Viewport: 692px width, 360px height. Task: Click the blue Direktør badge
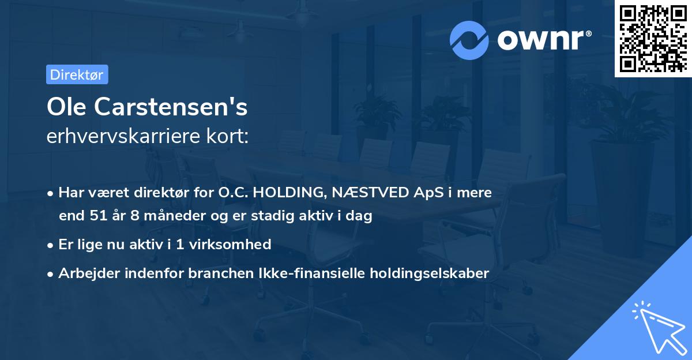tap(77, 74)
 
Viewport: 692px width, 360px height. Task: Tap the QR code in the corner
tap(653, 38)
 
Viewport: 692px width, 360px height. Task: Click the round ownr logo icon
tap(469, 40)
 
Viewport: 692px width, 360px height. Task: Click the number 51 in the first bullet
tap(97, 216)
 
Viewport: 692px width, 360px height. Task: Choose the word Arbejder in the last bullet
tap(85, 273)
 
